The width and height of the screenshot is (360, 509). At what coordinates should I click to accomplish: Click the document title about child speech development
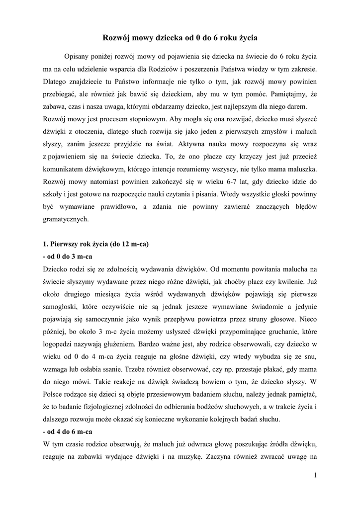tap(180, 37)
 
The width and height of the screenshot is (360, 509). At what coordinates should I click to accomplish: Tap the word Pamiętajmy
tap(290, 94)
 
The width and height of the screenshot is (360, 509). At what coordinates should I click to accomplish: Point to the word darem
tap(298, 107)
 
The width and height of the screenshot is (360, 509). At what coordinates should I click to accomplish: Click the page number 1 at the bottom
tap(315, 476)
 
